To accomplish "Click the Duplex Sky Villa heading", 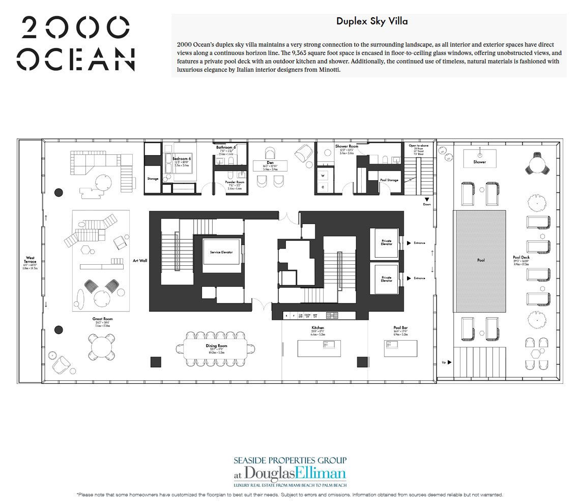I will [x=371, y=21].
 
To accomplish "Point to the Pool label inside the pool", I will [x=480, y=260].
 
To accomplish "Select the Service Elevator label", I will [x=221, y=253].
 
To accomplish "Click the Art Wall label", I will [x=140, y=260].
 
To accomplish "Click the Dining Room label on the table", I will [x=217, y=346].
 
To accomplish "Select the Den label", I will [x=270, y=163].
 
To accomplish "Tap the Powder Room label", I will [x=230, y=182].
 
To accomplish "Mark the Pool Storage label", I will [x=389, y=180].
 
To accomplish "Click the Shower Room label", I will [x=346, y=147].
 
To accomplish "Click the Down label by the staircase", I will [x=426, y=205].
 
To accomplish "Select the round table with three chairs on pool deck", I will [x=537, y=165].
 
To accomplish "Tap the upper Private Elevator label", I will [x=386, y=242].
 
